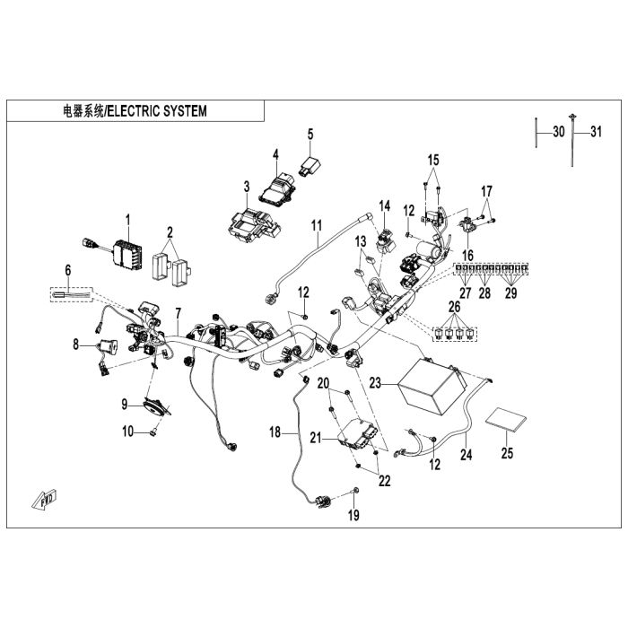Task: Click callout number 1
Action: [127, 219]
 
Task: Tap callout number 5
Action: [310, 134]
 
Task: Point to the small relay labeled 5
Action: [310, 165]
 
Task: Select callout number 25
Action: [507, 453]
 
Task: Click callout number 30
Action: [559, 132]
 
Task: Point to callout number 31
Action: [595, 132]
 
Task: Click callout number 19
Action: [353, 515]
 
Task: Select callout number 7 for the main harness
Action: [178, 313]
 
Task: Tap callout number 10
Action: [127, 432]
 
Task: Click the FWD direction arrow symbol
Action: [41, 498]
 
